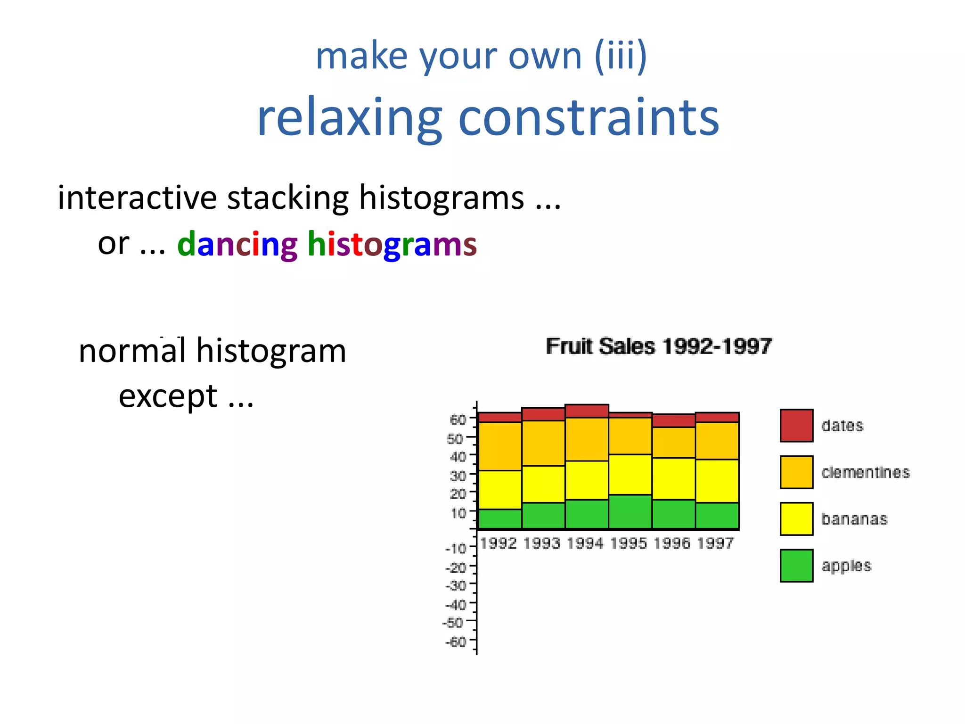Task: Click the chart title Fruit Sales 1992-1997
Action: coord(658,346)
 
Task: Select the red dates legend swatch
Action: coord(796,426)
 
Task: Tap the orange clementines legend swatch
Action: coord(796,472)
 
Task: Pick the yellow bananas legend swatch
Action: coord(796,519)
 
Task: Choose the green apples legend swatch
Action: coord(796,566)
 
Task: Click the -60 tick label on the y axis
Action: coord(456,642)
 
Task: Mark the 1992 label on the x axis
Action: coord(499,543)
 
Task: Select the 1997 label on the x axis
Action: coord(715,543)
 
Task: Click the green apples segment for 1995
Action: coord(630,512)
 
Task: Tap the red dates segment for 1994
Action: coord(587,411)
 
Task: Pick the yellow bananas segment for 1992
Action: coord(499,490)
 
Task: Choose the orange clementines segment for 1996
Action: coord(673,442)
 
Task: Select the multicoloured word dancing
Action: coord(237,245)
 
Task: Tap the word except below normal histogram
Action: coord(168,396)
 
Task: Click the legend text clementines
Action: coord(865,472)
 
